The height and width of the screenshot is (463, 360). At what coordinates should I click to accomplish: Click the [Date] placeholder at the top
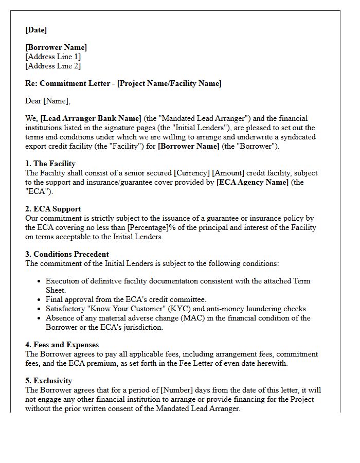pyautogui.click(x=36, y=30)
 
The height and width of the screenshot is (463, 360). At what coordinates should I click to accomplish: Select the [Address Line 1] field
pyautogui.click(x=53, y=57)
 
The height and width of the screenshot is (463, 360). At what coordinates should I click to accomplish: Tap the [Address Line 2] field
pyautogui.click(x=53, y=66)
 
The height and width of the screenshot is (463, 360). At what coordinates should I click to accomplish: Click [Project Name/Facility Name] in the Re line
pyautogui.click(x=169, y=83)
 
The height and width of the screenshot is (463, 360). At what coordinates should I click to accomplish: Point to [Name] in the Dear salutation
pyautogui.click(x=56, y=101)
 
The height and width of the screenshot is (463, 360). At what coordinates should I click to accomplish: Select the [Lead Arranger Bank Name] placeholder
pyautogui.click(x=91, y=118)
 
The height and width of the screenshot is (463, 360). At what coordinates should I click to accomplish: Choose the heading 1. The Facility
pyautogui.click(x=50, y=164)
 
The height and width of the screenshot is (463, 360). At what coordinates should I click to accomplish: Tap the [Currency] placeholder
pyautogui.click(x=192, y=173)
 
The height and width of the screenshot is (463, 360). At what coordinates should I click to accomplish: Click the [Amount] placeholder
pyautogui.click(x=229, y=173)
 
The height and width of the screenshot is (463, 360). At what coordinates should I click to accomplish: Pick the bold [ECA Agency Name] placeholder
pyautogui.click(x=253, y=182)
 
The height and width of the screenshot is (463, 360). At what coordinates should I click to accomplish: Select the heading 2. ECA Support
pyautogui.click(x=53, y=209)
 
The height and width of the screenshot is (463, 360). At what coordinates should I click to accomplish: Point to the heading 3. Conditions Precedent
pyautogui.click(x=67, y=254)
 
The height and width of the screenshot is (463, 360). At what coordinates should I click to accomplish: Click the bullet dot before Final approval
pyautogui.click(x=39, y=300)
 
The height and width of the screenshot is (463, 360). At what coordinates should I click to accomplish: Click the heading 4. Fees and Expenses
pyautogui.click(x=62, y=345)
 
